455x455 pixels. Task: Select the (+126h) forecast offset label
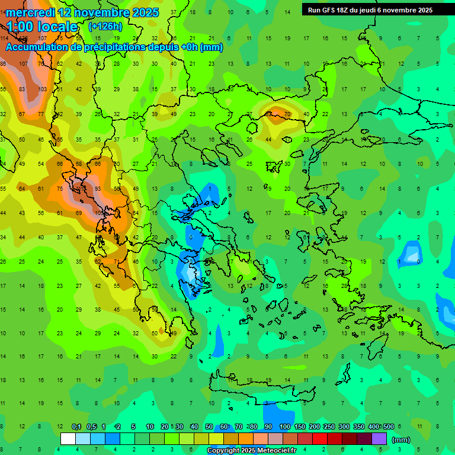coord(106,26)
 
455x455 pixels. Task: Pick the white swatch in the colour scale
coord(68,439)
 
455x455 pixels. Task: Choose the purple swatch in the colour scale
coord(379,439)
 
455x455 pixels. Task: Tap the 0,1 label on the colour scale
coord(76,427)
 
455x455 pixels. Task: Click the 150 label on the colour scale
coord(299,427)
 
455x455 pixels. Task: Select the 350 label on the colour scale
coord(358,427)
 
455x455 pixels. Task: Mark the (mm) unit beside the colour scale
coord(401,440)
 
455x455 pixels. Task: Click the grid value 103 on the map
coord(42,89)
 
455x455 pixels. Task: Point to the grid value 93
coord(98,188)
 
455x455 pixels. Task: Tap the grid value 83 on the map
coord(23,89)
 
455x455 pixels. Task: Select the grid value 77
coord(41,114)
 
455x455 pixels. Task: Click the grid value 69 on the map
coord(79,213)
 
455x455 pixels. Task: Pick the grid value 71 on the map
coord(117,261)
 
